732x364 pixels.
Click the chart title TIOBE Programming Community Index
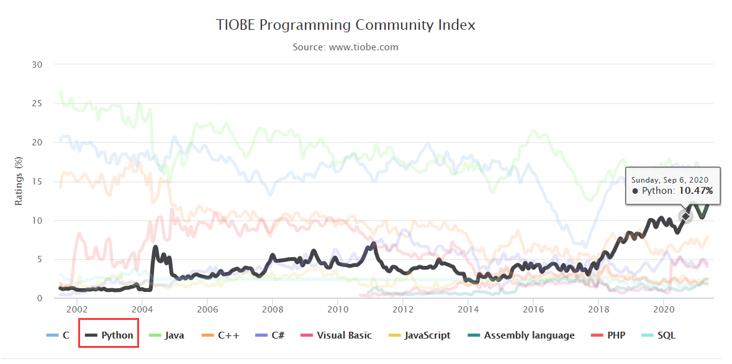point(346,25)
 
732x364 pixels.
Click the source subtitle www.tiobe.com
point(346,47)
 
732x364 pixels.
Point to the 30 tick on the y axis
point(37,64)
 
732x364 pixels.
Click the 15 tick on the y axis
point(37,181)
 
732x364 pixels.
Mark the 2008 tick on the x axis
point(272,309)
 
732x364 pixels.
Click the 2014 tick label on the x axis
point(468,309)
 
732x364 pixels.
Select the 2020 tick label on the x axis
point(664,309)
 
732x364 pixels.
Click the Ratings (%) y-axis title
point(19,181)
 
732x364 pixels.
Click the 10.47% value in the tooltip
point(695,191)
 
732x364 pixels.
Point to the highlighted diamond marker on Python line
point(685,216)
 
